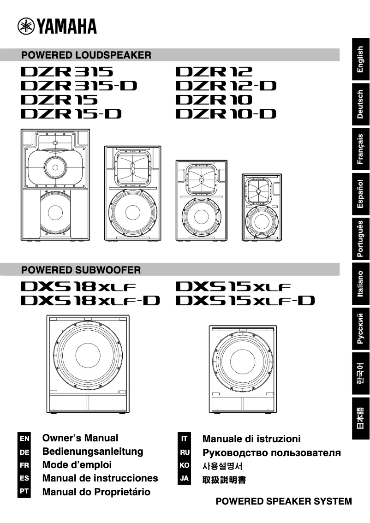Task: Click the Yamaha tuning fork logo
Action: click(26, 26)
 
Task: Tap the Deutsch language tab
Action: click(361, 104)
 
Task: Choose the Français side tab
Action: click(361, 149)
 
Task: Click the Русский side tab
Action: click(361, 328)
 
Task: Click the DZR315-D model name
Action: click(79, 85)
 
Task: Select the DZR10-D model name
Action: click(226, 113)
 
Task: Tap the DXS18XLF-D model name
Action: click(90, 301)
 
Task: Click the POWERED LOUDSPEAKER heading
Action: click(86, 55)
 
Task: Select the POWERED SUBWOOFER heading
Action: click(81, 269)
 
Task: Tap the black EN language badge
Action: click(24, 438)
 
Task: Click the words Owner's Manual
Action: click(80, 438)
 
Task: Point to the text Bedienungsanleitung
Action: click(93, 452)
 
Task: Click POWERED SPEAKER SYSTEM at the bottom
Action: click(284, 501)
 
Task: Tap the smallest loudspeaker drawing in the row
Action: click(261, 208)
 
